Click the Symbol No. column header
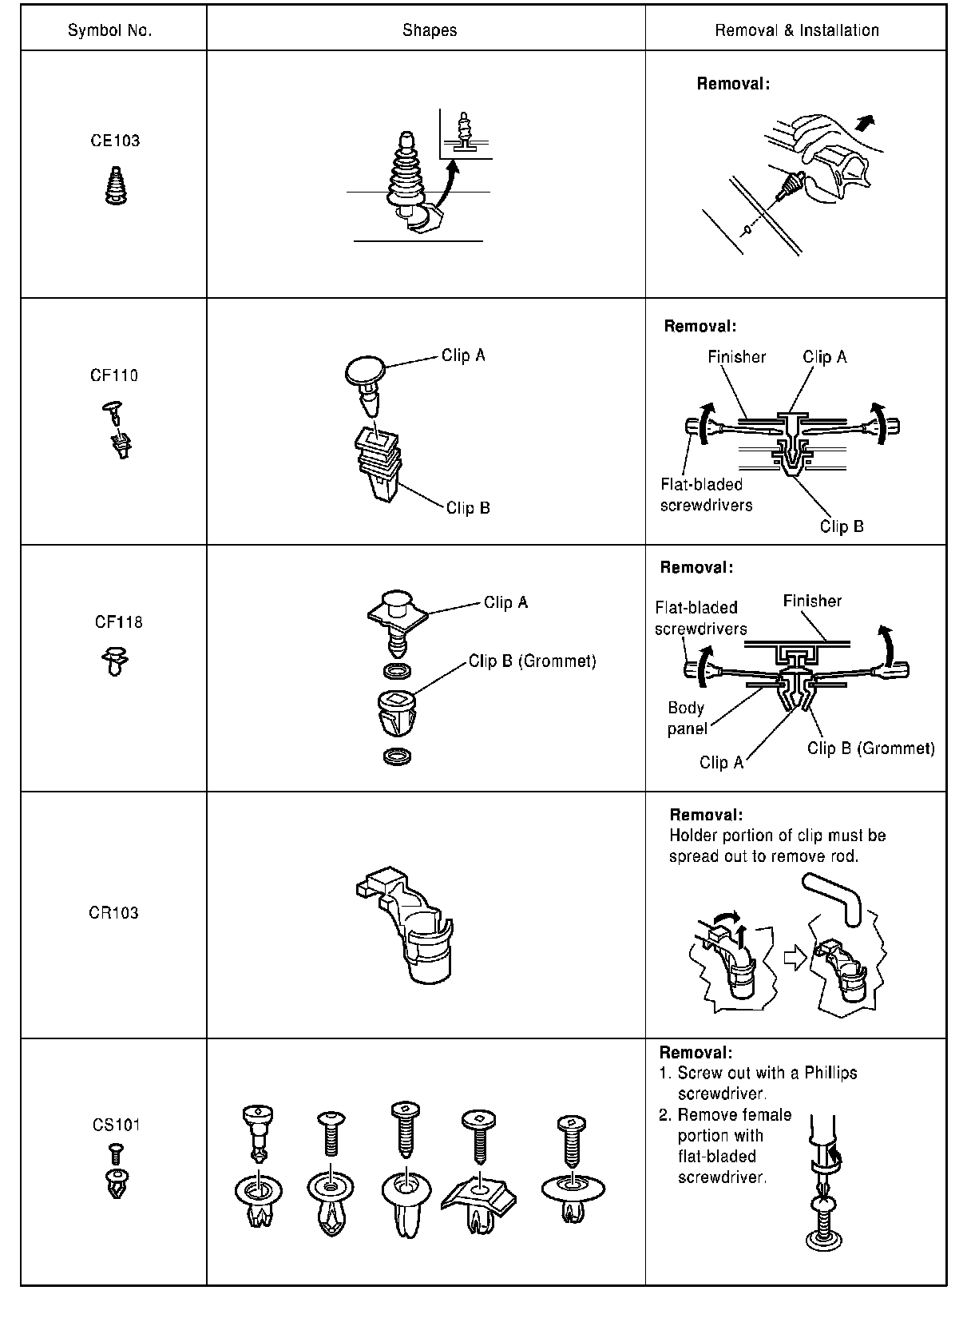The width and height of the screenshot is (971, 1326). click(109, 30)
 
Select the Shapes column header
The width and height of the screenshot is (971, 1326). click(430, 30)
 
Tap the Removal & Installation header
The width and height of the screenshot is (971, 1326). click(796, 30)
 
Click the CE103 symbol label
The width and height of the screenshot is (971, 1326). click(115, 141)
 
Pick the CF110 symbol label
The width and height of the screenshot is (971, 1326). click(114, 375)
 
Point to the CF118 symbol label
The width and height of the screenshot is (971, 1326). click(118, 622)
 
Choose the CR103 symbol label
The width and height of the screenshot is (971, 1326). click(113, 912)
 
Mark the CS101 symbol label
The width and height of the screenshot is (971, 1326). click(117, 1125)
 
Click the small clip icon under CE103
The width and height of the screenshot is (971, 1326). click(116, 186)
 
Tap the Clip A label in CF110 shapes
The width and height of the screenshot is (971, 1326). click(463, 355)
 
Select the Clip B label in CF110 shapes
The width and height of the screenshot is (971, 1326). click(468, 508)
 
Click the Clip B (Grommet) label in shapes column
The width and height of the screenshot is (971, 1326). click(532, 661)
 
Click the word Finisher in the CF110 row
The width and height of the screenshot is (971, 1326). click(736, 357)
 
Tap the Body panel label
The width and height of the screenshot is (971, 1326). click(687, 718)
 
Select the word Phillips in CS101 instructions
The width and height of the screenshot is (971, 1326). click(830, 1073)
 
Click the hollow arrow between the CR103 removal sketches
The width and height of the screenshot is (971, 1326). click(795, 956)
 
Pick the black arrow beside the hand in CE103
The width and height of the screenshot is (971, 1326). click(864, 121)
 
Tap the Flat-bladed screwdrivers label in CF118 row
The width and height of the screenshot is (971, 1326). click(700, 618)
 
